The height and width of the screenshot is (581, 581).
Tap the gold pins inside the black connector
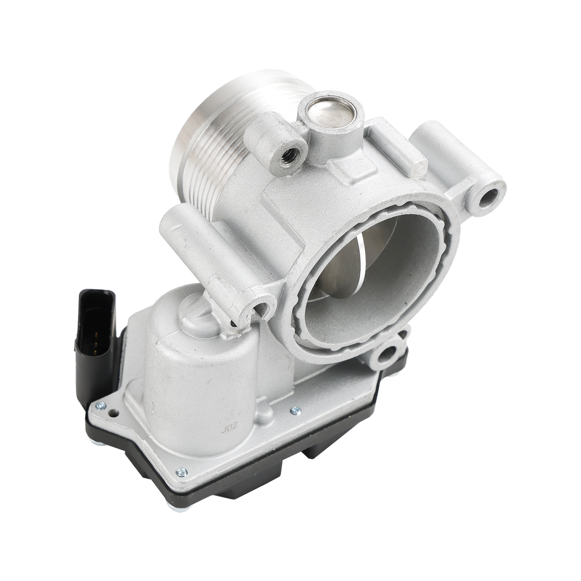pos(95,342)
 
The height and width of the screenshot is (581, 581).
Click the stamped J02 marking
pos(229,427)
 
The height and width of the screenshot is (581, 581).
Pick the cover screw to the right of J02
pos(296,410)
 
